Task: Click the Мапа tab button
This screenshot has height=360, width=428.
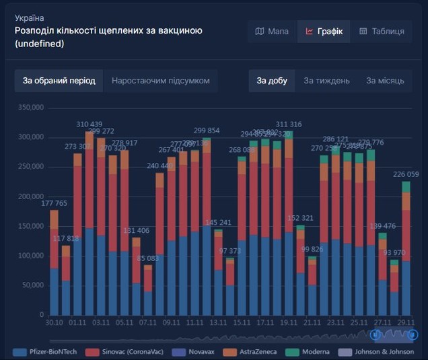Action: (x=272, y=31)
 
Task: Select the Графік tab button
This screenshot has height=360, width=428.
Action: (x=324, y=31)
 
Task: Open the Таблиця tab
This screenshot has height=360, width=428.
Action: (x=382, y=31)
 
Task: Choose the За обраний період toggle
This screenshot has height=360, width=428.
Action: (x=59, y=81)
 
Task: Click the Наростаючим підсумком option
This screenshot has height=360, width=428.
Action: (x=160, y=81)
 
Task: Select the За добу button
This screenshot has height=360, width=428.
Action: (x=272, y=81)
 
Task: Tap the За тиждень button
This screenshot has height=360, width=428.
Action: (x=326, y=81)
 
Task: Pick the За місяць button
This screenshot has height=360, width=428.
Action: (x=385, y=81)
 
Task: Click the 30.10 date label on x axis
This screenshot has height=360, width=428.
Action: (x=54, y=323)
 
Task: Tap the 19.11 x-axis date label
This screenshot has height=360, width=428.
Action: (x=288, y=323)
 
